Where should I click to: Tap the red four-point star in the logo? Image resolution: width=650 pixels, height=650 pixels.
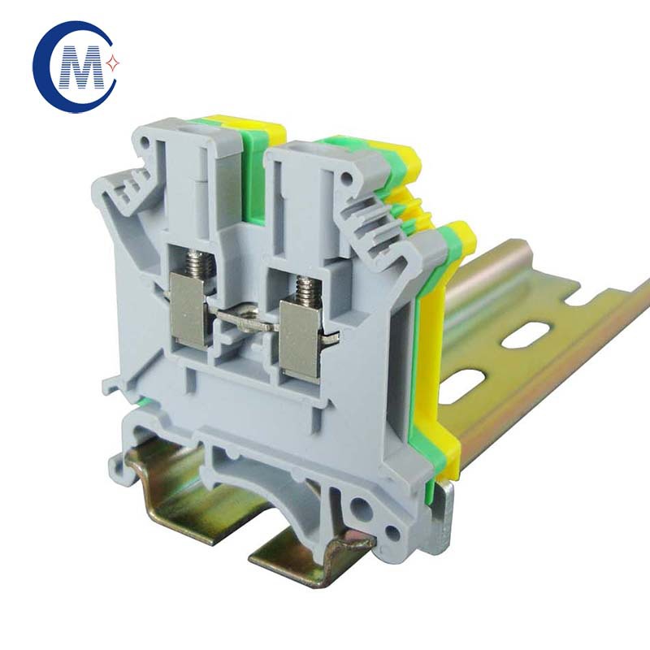(113, 63)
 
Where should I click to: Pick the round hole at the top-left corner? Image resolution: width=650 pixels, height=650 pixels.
(145, 141)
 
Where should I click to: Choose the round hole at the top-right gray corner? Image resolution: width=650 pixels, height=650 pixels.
(346, 180)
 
